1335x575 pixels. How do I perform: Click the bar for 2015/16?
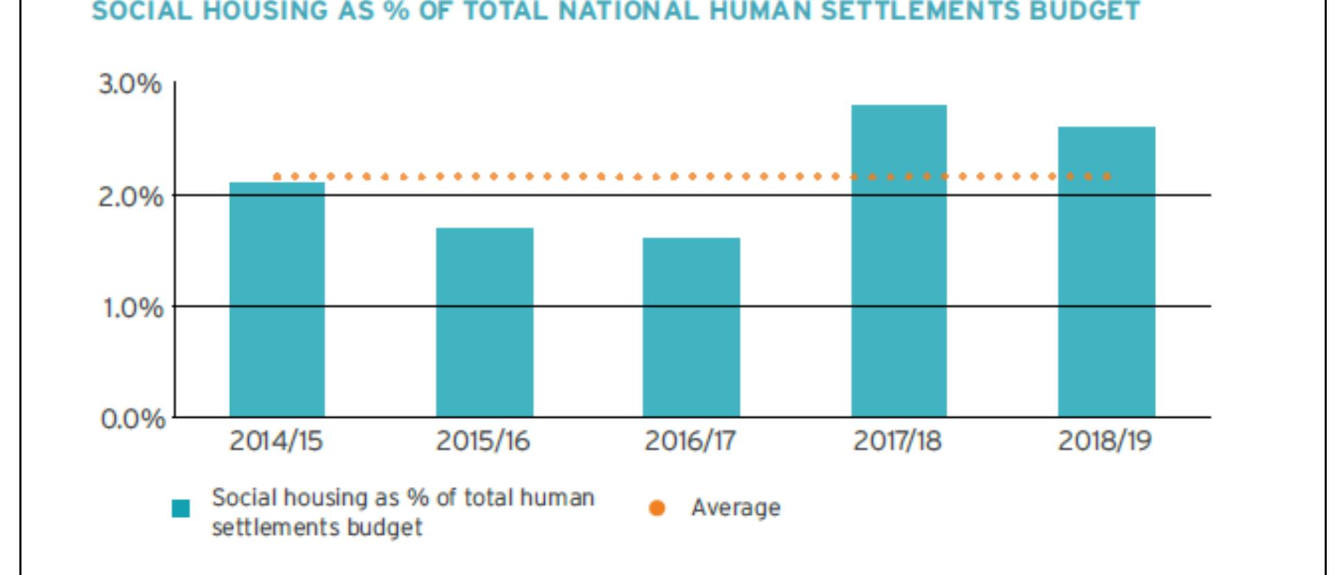click(x=485, y=322)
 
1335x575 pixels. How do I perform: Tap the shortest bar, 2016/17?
click(x=691, y=327)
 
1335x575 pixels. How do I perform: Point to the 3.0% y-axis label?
click(x=130, y=85)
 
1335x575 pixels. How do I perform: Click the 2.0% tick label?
click(x=130, y=197)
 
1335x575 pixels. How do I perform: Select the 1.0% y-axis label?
click(x=132, y=308)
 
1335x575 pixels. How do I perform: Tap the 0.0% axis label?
click(x=132, y=419)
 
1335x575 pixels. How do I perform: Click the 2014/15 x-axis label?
click(x=276, y=441)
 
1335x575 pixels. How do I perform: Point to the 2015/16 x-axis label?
click(x=482, y=441)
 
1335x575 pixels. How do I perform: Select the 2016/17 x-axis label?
click(x=690, y=441)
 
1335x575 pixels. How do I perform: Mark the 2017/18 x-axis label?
click(x=897, y=441)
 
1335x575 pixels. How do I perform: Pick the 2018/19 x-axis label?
click(x=1104, y=441)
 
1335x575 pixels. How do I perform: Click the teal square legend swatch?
click(x=181, y=508)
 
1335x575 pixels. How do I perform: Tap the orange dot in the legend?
click(x=656, y=508)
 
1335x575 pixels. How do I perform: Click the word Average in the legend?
click(x=735, y=508)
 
